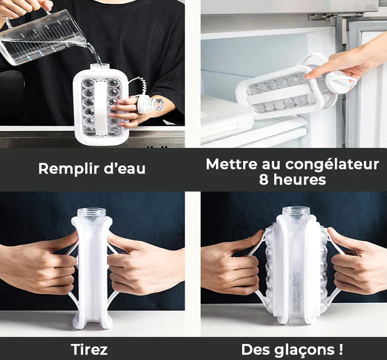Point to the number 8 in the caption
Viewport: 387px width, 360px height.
tap(264, 179)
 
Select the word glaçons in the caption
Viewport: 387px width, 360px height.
tap(306, 349)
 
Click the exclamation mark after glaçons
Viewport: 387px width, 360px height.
tap(341, 349)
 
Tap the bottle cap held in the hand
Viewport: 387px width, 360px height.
tap(151, 104)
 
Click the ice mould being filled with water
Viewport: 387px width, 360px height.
tap(100, 105)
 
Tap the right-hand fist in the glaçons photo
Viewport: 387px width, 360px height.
tap(356, 266)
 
